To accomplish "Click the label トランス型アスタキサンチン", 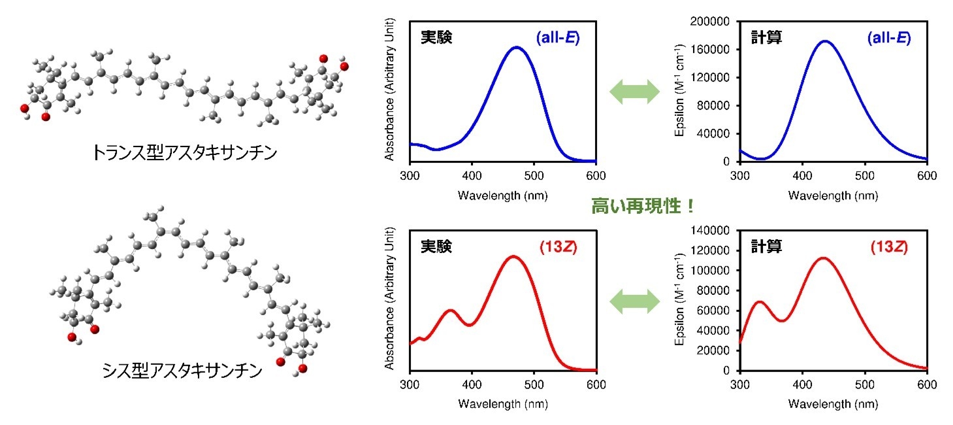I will (x=185, y=154).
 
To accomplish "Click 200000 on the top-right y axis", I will (x=715, y=22).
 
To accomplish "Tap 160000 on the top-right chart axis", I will (x=715, y=50).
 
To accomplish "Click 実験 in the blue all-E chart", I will (x=436, y=38).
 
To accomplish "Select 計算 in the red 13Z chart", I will (x=766, y=246).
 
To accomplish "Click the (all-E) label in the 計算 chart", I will (x=889, y=38).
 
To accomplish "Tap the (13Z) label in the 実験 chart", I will (x=558, y=246).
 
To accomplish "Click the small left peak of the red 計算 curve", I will (x=759, y=301).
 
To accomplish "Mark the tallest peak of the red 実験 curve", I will (x=513, y=256).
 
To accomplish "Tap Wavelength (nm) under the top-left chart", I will (x=502, y=195).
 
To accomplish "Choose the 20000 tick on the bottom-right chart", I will (x=718, y=350).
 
